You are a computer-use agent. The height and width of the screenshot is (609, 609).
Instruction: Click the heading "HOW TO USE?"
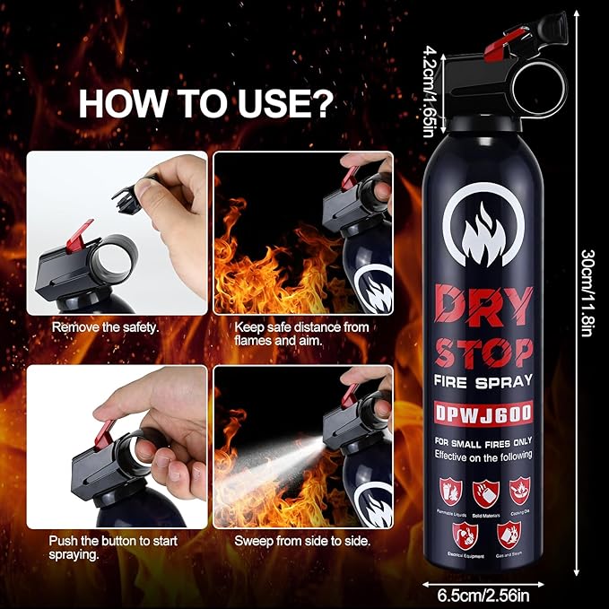[x=206, y=104]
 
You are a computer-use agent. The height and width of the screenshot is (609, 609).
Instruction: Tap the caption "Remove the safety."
[x=105, y=327]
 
